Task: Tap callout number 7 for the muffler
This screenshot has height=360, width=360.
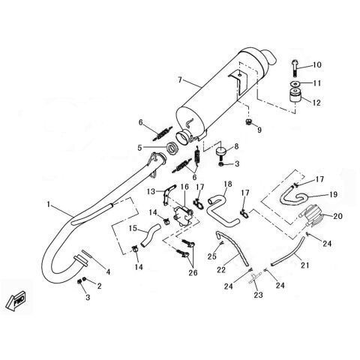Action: (x=180, y=79)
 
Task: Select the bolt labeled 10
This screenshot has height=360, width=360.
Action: (x=295, y=67)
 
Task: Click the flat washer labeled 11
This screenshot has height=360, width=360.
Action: (x=295, y=84)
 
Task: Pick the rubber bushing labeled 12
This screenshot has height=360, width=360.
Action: (x=295, y=95)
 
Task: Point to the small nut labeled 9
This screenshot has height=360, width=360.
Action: (x=248, y=122)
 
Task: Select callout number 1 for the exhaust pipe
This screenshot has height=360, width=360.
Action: (x=49, y=204)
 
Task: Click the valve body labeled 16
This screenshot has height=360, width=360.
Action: (x=183, y=216)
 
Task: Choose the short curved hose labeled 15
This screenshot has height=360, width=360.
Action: (x=150, y=235)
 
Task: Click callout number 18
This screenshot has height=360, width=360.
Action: (x=228, y=184)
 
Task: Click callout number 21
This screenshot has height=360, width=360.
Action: (x=304, y=265)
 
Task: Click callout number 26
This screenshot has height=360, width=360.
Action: (x=193, y=272)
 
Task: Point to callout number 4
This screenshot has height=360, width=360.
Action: (x=108, y=271)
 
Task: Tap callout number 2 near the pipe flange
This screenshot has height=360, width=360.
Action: (x=99, y=286)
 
